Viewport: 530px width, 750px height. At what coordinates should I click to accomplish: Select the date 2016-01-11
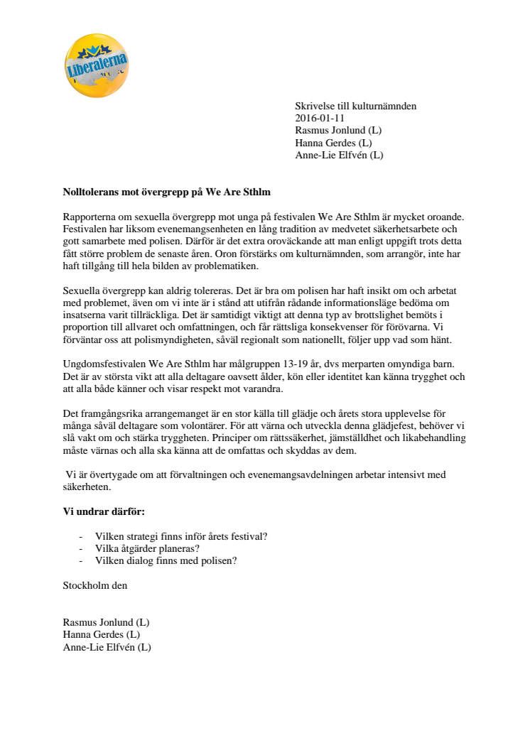pos(320,119)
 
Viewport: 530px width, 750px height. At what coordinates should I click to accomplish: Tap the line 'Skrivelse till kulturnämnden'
pos(355,107)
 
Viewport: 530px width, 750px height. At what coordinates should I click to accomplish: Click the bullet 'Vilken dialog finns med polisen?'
pos(166,560)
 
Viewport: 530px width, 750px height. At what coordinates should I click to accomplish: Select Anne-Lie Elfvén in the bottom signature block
pos(107,647)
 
